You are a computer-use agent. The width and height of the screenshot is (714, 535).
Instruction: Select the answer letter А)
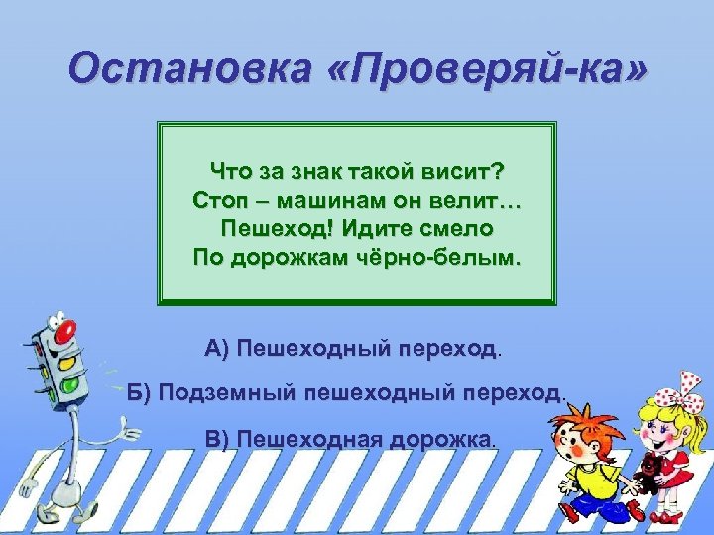click(x=217, y=349)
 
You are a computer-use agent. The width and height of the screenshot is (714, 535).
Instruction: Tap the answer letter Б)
click(x=142, y=393)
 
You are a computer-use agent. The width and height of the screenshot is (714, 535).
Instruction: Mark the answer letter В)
click(x=216, y=438)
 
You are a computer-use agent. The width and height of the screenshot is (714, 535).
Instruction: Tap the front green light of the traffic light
click(x=69, y=380)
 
